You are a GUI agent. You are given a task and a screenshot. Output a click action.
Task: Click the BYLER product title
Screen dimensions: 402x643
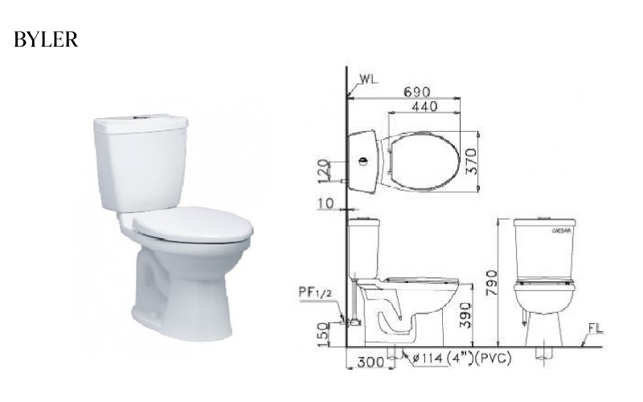point(46,40)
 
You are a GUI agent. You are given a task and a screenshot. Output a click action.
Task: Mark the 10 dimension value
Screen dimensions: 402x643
point(325,204)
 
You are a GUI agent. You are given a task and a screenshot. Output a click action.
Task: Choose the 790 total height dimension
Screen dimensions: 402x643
point(489,281)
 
